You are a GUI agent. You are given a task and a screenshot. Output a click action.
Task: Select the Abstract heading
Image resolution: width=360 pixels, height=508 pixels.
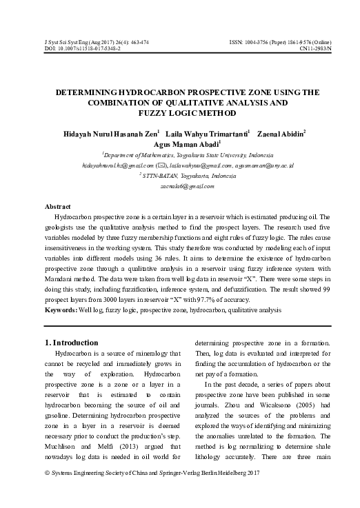point(59,207)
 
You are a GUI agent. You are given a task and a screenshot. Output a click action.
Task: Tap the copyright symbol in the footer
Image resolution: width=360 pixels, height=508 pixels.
point(47,492)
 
